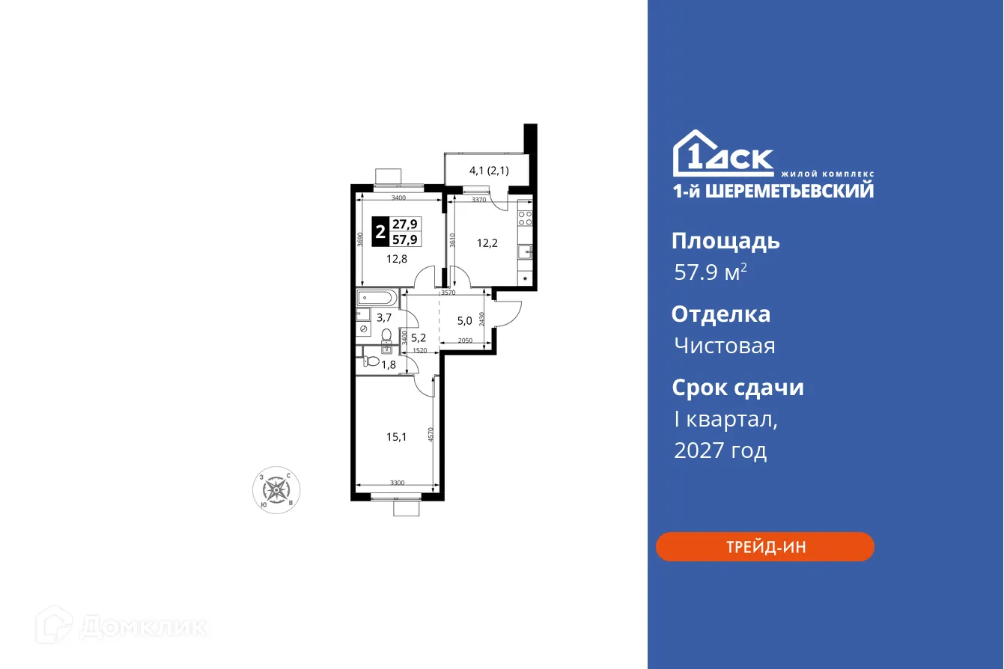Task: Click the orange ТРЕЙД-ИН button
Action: click(x=764, y=547)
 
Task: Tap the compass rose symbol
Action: click(x=277, y=490)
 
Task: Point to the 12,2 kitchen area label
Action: click(x=488, y=242)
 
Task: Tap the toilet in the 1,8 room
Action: click(x=372, y=361)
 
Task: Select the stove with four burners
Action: click(x=526, y=219)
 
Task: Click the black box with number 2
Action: click(x=380, y=231)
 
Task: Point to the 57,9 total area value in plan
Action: click(x=405, y=239)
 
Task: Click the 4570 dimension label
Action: click(x=432, y=436)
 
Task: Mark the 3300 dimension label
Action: click(x=397, y=483)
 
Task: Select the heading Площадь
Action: click(x=725, y=241)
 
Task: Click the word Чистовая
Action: click(x=724, y=346)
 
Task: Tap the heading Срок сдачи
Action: click(x=737, y=388)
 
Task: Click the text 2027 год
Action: click(x=720, y=450)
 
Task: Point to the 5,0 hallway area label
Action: click(x=465, y=322)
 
